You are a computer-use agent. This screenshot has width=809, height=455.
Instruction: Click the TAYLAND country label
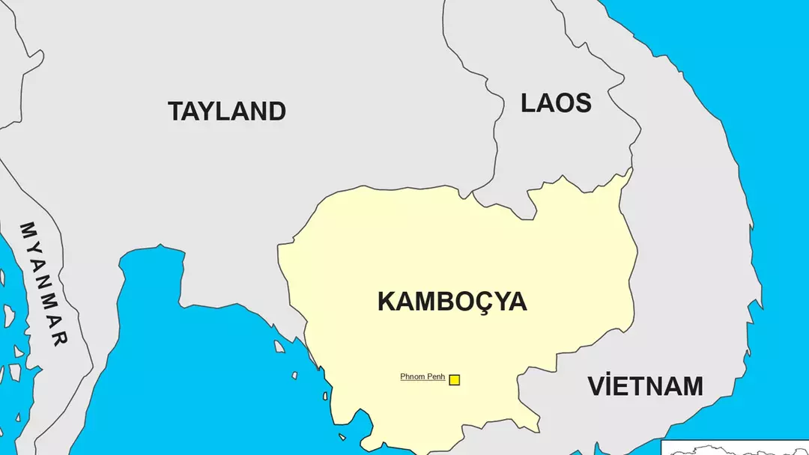pyautogui.click(x=227, y=112)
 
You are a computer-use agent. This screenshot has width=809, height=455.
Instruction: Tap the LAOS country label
pyautogui.click(x=556, y=103)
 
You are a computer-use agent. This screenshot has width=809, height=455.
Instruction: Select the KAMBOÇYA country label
pyautogui.click(x=452, y=302)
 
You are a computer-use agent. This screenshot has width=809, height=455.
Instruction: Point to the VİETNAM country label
pyautogui.click(x=645, y=386)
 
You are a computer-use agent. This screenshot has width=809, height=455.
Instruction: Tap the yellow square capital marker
pyautogui.click(x=454, y=379)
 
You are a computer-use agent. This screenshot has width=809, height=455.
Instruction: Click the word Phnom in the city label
pyautogui.click(x=413, y=376)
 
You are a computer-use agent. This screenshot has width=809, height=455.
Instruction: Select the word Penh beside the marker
pyautogui.click(x=436, y=376)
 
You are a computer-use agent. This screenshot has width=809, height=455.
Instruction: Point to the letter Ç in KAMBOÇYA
pyautogui.click(x=480, y=302)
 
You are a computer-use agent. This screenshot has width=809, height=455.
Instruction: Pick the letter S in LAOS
pyautogui.click(x=581, y=103)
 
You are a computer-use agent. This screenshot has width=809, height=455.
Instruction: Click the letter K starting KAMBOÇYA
pyautogui.click(x=387, y=302)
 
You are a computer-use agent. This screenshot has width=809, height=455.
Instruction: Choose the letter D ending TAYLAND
pyautogui.click(x=276, y=112)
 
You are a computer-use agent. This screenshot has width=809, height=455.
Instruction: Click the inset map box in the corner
pyautogui.click(x=735, y=448)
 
